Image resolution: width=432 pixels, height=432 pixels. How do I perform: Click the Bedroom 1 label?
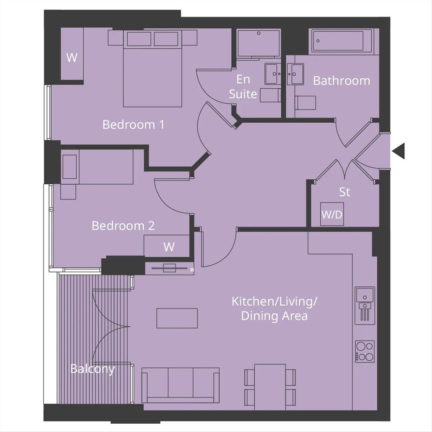pyautogui.click(x=133, y=125)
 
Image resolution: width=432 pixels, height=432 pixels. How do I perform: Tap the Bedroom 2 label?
pyautogui.click(x=123, y=226)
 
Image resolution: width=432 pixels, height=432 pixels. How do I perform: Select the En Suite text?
pyautogui.click(x=243, y=87)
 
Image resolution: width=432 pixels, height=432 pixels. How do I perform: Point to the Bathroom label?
pyautogui.click(x=341, y=81)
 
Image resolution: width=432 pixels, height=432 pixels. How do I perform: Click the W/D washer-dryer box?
pyautogui.click(x=332, y=214)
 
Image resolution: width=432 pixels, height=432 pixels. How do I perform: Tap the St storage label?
pyautogui.click(x=345, y=192)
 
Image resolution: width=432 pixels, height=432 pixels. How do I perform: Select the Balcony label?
pyautogui.click(x=92, y=369)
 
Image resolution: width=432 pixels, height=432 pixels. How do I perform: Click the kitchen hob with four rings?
pyautogui.click(x=365, y=351)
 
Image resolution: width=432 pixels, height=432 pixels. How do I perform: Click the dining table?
pyautogui.click(x=270, y=387)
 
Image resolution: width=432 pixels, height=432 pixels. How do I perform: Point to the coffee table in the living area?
pyautogui.click(x=177, y=318)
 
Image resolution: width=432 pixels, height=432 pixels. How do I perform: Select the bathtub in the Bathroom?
pyautogui.click(x=341, y=41)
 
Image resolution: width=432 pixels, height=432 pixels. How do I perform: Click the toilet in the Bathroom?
pyautogui.click(x=305, y=103)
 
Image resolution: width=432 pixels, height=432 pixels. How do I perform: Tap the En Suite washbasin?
pyautogui.click(x=273, y=74)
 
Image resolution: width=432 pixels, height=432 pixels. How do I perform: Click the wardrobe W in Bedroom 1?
pyautogui.click(x=72, y=54)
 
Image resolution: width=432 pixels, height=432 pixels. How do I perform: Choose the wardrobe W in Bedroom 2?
pyautogui.click(x=167, y=246)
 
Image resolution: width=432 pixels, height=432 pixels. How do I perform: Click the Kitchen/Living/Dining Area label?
pyautogui.click(x=274, y=308)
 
